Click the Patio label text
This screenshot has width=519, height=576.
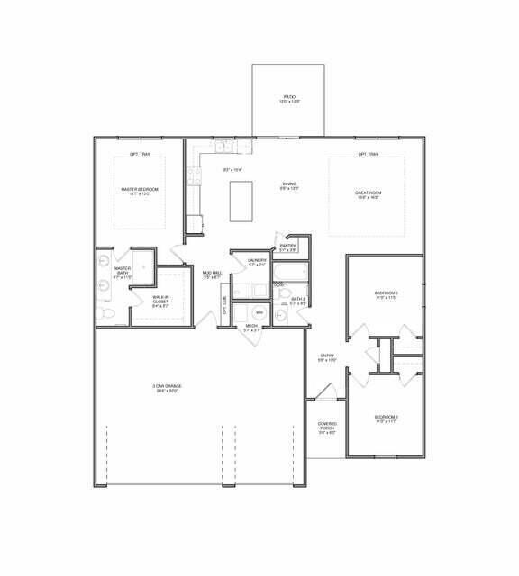click(x=290, y=98)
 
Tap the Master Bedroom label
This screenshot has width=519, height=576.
click(x=140, y=191)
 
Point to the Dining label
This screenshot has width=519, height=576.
click(x=288, y=185)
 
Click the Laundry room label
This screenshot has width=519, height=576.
click(x=257, y=262)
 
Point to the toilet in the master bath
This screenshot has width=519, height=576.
click(x=105, y=312)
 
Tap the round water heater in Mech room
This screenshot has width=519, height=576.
click(x=259, y=312)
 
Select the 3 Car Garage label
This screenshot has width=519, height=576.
click(x=167, y=388)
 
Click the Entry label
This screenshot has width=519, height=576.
click(x=327, y=357)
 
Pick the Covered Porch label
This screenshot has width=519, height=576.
click(x=327, y=428)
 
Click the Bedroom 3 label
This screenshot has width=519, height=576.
click(x=387, y=295)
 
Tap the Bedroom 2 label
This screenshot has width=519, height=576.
click(x=386, y=418)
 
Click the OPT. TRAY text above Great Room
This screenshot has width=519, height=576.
click(x=369, y=154)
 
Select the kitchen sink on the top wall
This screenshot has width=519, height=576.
click(x=223, y=146)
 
